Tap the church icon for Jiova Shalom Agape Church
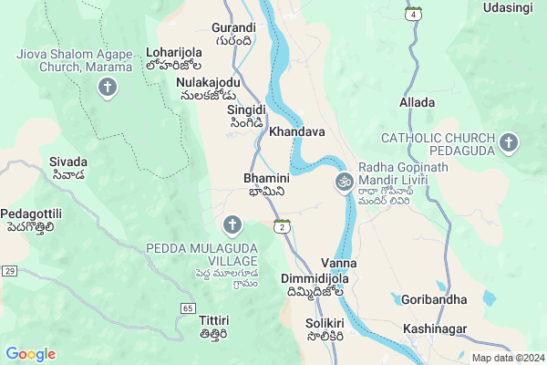pos(108,89)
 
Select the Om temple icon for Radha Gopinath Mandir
pos(345,182)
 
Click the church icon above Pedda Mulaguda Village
pos(232,224)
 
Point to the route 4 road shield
pos(415,15)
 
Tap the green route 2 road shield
pos(283,226)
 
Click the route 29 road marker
pos(9,271)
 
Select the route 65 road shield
pos(187,308)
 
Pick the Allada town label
pos(417,103)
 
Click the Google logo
pos(30,354)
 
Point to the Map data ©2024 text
pos(506,358)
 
